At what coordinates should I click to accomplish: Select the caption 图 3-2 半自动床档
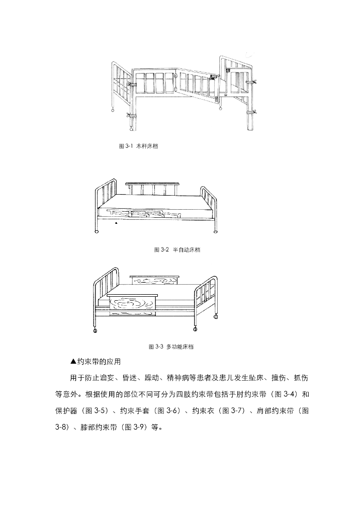[176, 249]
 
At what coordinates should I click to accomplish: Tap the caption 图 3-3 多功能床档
[171, 347]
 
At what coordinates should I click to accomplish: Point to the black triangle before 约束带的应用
[73, 362]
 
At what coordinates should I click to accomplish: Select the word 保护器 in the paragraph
[66, 410]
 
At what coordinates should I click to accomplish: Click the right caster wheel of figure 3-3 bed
[195, 329]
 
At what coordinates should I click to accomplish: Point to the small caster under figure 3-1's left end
[113, 110]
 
